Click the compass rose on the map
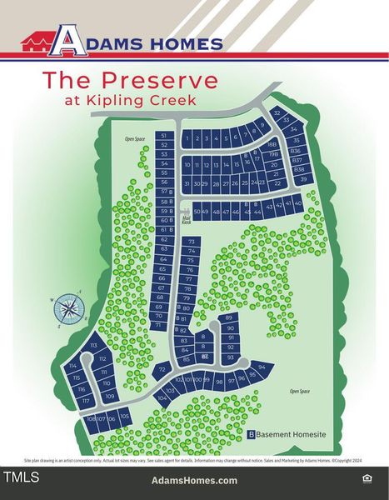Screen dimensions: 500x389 (71, 308)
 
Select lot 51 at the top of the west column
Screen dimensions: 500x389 (164, 135)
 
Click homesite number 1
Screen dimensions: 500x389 (187, 137)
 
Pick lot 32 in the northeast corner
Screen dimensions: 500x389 (277, 112)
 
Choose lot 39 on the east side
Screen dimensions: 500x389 (303, 179)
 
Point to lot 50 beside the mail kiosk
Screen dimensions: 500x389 (197, 212)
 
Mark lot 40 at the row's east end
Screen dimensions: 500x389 (298, 203)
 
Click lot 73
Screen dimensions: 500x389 (191, 241)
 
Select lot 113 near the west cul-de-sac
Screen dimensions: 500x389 (94, 345)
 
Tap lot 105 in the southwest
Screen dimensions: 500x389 (124, 415)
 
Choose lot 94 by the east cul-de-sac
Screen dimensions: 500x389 (262, 367)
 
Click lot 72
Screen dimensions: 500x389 (162, 367)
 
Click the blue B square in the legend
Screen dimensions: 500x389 (252, 434)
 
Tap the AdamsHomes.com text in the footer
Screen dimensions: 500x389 (194, 481)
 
